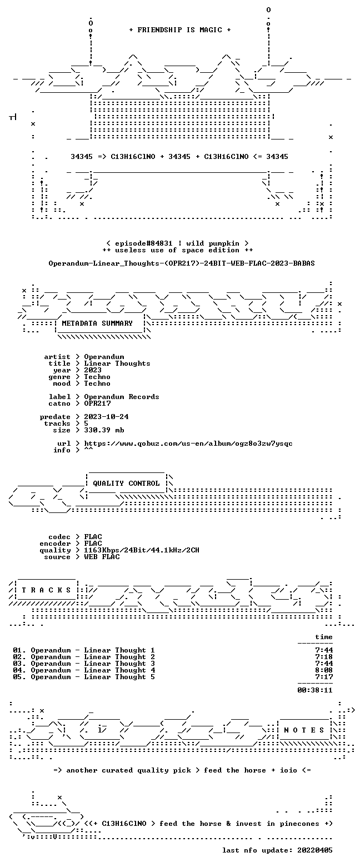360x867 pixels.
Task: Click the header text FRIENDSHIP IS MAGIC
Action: coord(180,30)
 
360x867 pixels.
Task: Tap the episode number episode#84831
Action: coord(144,243)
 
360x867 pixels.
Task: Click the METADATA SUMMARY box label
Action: coord(97,323)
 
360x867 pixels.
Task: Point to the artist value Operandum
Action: coord(104,357)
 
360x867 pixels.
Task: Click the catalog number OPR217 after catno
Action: coord(98,403)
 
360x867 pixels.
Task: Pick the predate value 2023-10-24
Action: coord(107,417)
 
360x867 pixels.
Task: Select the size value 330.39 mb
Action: coord(104,430)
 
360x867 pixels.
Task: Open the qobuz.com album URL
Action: coord(188,444)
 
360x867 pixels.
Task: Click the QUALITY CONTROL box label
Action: coord(126,484)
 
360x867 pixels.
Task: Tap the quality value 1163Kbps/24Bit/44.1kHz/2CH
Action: coord(142,550)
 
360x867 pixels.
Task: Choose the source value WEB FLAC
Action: coord(102,556)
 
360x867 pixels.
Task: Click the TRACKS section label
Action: coord(47,590)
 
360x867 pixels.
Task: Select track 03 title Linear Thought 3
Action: coord(119,664)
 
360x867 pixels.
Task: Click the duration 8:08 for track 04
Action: coord(324,670)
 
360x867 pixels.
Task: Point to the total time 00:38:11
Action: coord(315,690)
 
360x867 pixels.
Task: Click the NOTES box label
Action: coord(304,730)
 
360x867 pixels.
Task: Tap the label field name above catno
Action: coord(59,397)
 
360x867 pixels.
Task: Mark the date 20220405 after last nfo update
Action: coord(315,850)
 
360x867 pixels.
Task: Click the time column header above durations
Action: coord(324,637)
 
